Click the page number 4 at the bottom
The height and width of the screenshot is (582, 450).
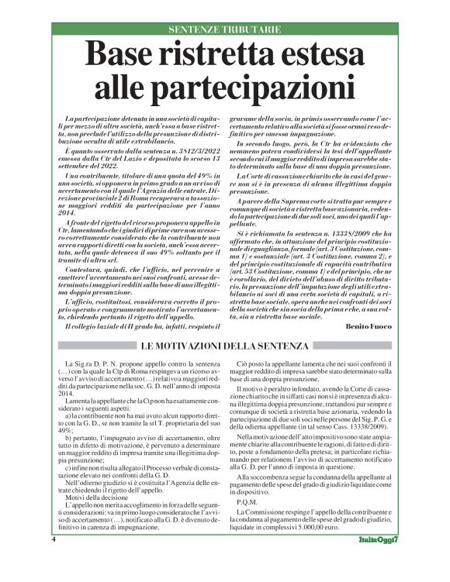tap(54, 560)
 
